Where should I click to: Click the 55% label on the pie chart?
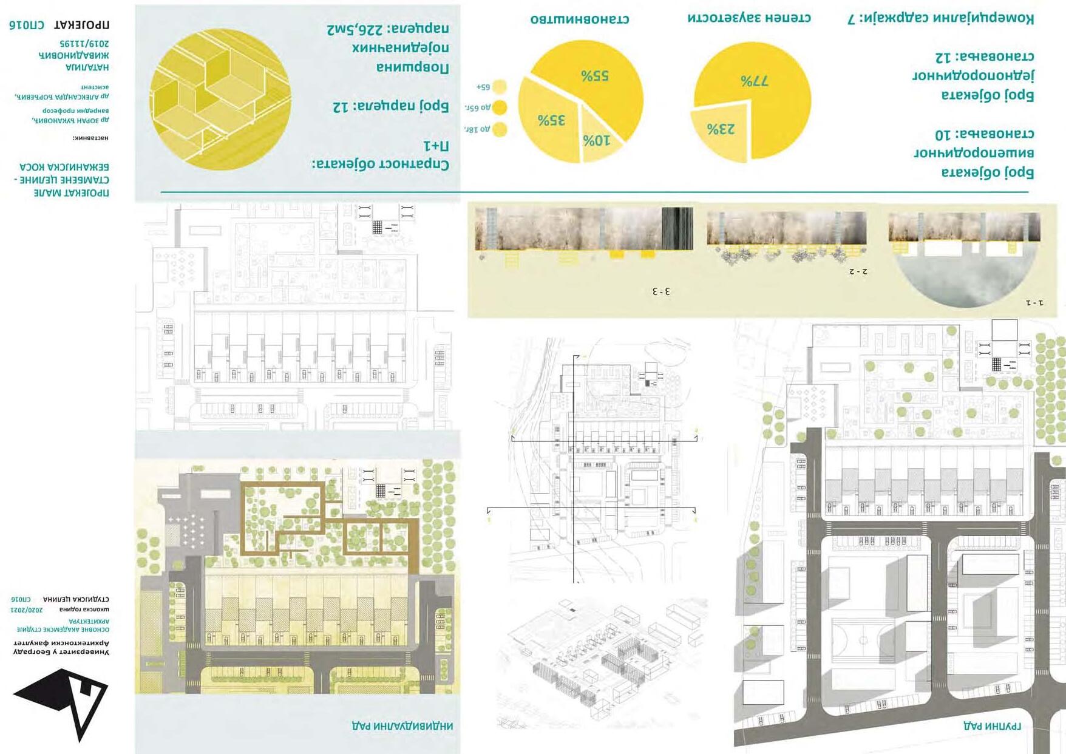click(x=595, y=76)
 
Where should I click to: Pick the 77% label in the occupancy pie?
click(x=755, y=81)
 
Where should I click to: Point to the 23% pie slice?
click(x=721, y=129)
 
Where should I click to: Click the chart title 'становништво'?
click(x=580, y=19)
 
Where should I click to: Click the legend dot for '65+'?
click(x=500, y=87)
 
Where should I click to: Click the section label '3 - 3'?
click(x=661, y=291)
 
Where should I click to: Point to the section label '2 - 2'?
click(x=858, y=271)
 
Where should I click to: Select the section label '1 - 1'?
click(x=1034, y=302)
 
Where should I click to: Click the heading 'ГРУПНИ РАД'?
click(x=992, y=725)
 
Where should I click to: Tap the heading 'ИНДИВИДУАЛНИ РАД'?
click(x=402, y=725)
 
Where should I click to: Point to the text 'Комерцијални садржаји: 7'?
click(x=940, y=18)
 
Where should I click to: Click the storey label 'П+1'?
click(x=436, y=146)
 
